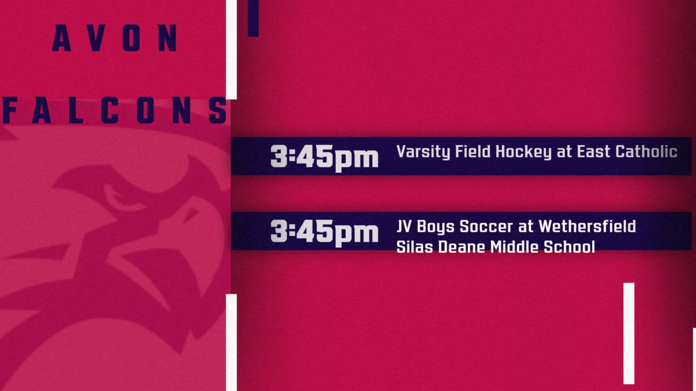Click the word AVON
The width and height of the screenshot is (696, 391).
pos(115,39)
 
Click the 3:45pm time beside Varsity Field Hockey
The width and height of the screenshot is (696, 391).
pos(324,156)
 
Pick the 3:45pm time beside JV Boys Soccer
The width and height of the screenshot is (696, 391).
pos(324,231)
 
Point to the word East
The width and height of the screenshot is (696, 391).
pos(590,152)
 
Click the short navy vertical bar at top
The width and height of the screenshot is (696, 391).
pos(253,18)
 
